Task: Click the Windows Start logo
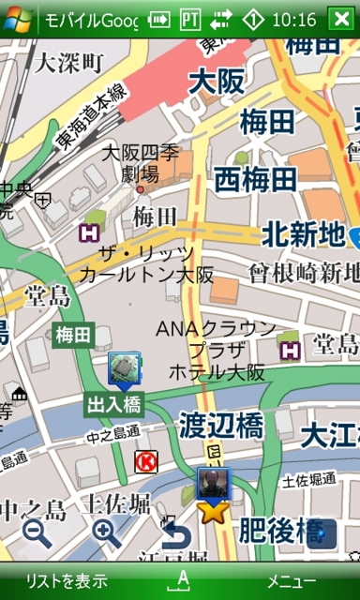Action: [x=18, y=19]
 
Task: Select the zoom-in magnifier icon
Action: [x=106, y=532]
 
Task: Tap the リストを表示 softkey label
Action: [x=67, y=580]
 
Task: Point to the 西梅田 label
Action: [x=256, y=178]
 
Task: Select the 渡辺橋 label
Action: [x=221, y=427]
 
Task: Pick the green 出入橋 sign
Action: [x=113, y=405]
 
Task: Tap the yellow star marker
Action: [x=213, y=512]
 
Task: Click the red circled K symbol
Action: [x=145, y=460]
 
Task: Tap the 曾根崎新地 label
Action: [x=303, y=273]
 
